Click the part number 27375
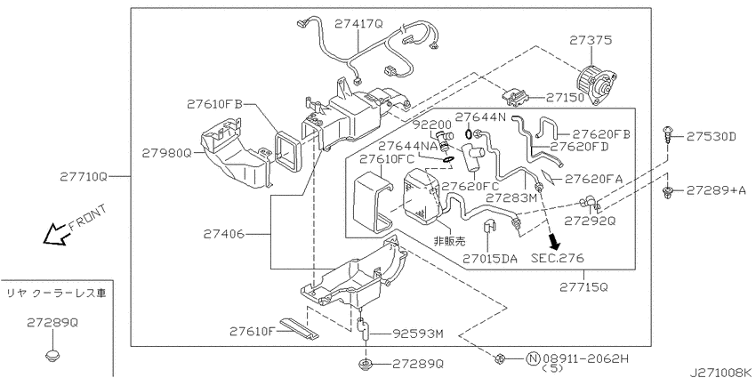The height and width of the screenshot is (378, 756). click(x=591, y=41)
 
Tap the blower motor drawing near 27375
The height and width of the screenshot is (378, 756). click(x=597, y=84)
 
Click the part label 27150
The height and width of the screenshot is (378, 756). click(x=565, y=98)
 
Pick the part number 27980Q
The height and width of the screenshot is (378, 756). click(x=167, y=153)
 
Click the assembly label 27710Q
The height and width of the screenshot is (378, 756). click(x=84, y=177)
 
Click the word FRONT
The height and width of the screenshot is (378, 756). click(x=87, y=217)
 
